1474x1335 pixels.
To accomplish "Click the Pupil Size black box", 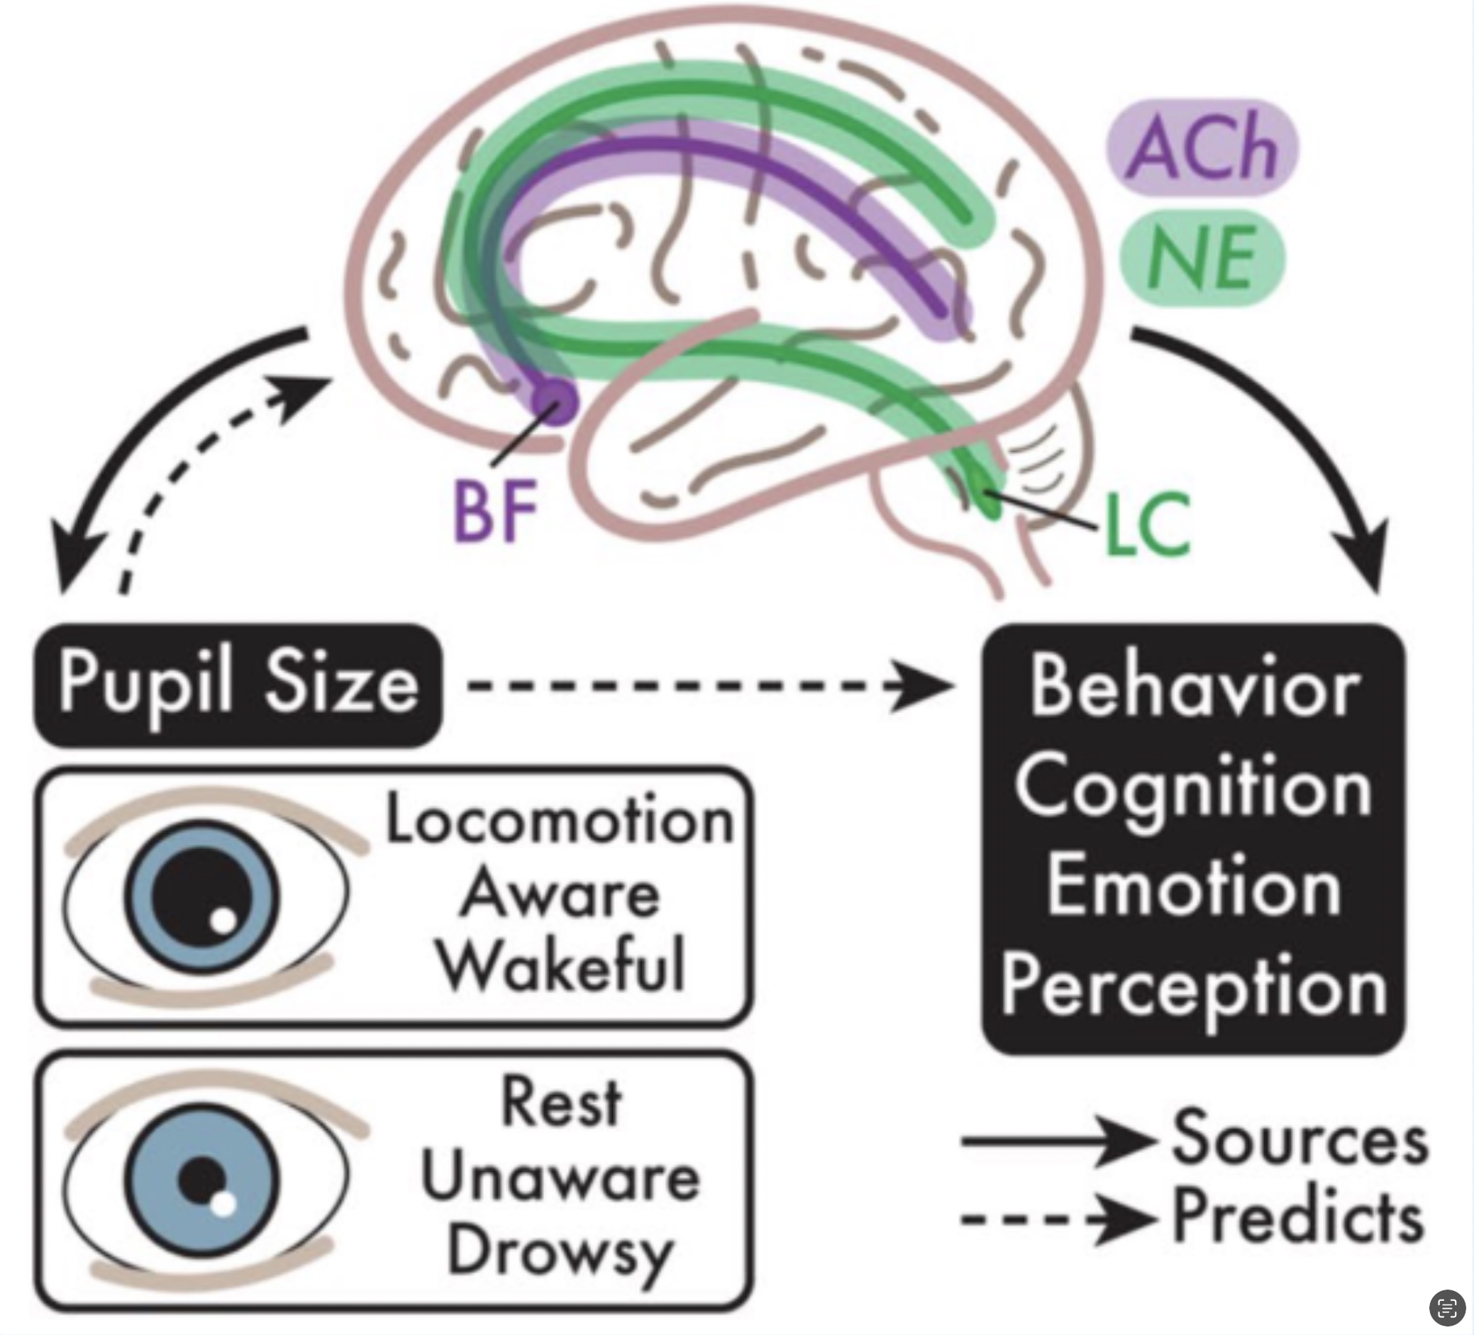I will click(x=238, y=685).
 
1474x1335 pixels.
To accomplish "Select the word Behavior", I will click(x=1195, y=688).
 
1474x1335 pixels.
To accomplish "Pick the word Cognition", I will click(x=1193, y=787).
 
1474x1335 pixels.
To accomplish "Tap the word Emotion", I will click(x=1193, y=886).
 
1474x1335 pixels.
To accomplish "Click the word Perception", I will click(x=1193, y=987).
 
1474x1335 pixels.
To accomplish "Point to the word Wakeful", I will click(x=562, y=965).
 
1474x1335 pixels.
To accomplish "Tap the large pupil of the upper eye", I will click(x=200, y=897).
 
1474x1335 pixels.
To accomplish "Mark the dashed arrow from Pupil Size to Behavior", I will click(x=709, y=686).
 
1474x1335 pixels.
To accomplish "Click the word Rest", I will click(x=561, y=1102).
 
